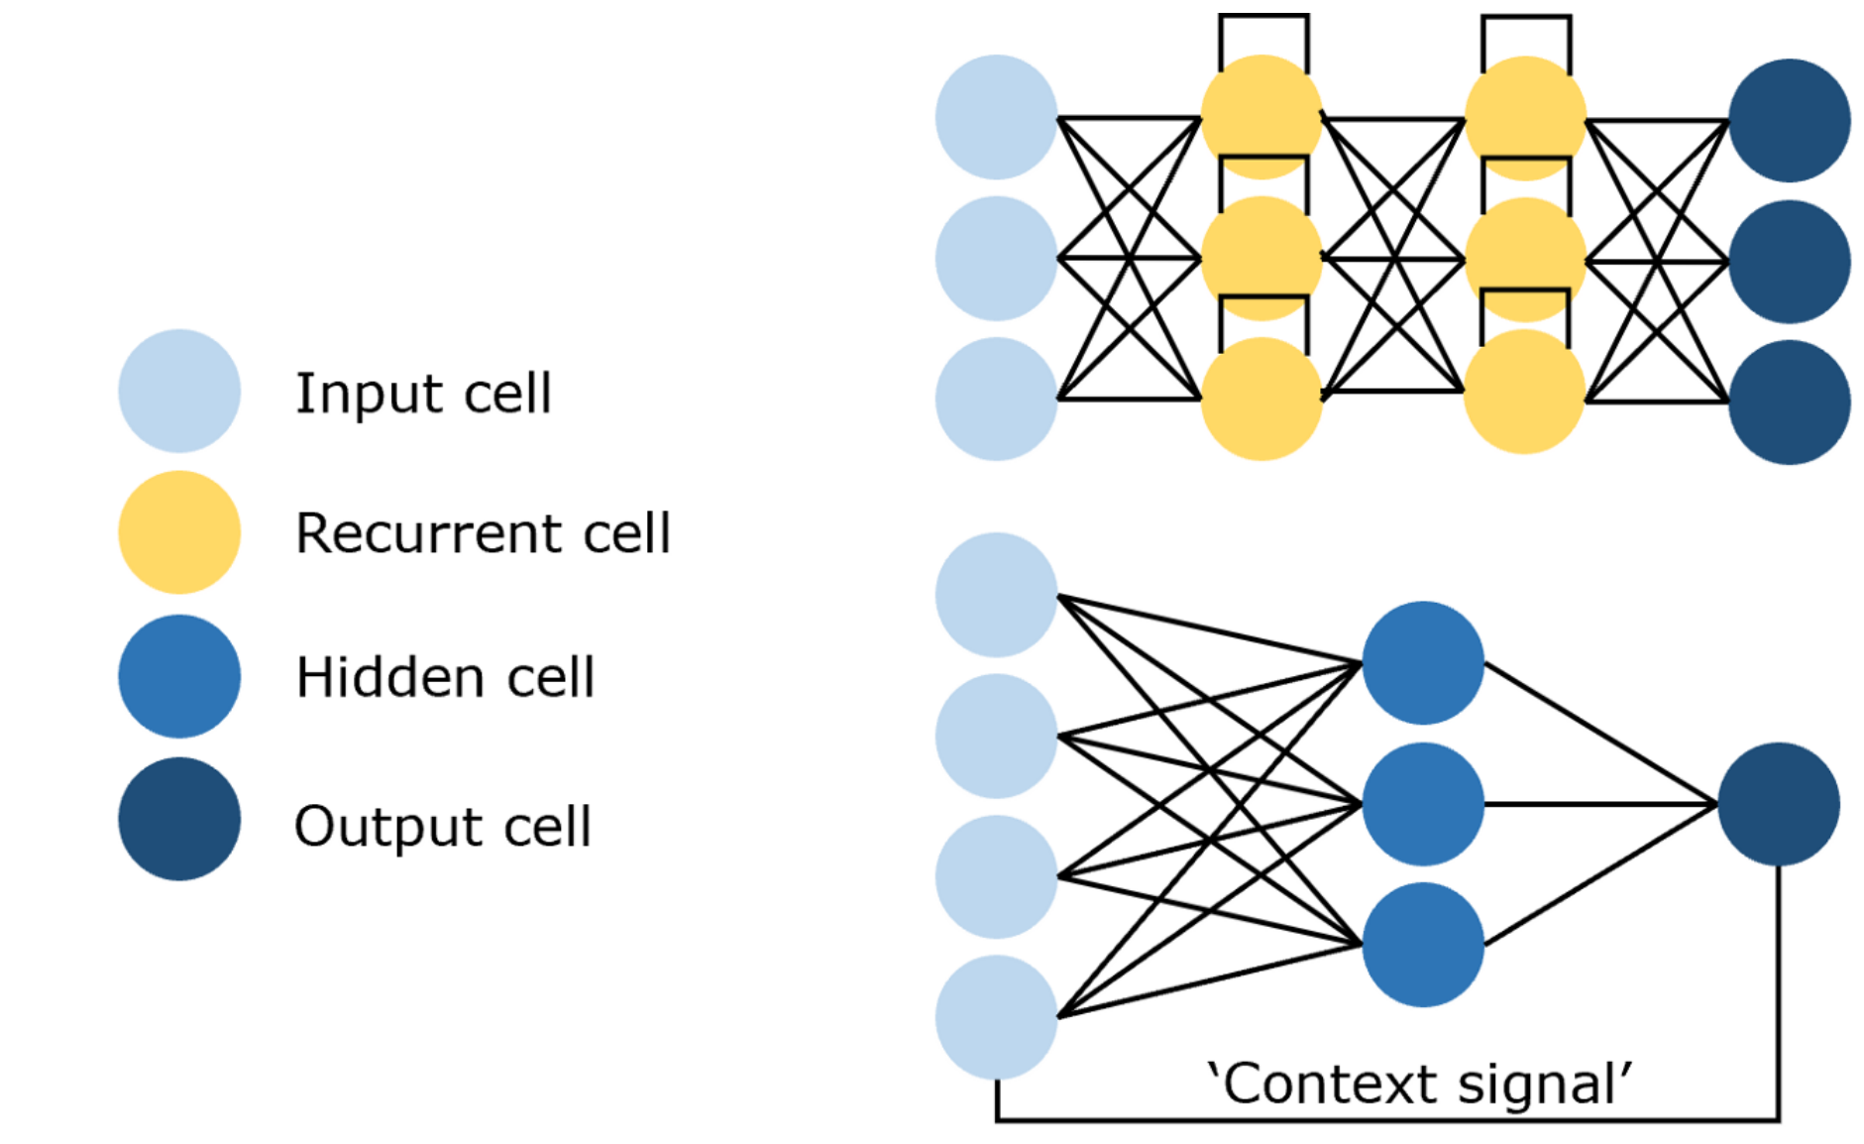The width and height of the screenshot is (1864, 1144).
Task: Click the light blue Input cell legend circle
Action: coord(179,392)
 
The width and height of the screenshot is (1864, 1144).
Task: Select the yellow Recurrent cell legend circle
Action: coord(179,532)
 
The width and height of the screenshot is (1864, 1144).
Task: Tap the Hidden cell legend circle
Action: coord(179,676)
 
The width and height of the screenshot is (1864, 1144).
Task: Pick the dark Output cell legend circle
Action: coord(179,819)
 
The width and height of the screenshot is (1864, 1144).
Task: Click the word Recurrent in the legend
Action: coord(427,533)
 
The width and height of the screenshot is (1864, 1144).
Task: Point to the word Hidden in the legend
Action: coord(388,677)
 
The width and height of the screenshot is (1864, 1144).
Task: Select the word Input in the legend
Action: coord(368,394)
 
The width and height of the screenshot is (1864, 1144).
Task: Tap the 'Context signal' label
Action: coord(1418,1084)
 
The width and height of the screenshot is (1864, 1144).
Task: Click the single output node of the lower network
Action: coord(1779,804)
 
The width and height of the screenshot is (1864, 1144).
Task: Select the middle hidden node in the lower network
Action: coord(1423,804)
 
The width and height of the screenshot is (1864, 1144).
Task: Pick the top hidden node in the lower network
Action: coord(1423,662)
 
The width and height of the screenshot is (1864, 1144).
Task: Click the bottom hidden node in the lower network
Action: coord(1423,945)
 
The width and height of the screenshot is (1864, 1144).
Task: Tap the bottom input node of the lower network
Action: coord(997,1017)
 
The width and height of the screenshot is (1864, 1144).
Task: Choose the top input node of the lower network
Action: coord(997,595)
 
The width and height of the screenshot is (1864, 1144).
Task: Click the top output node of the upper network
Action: coord(1790,120)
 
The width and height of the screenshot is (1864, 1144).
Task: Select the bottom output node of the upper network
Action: coord(1790,402)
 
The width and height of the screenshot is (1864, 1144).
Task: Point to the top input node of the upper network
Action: coord(997,117)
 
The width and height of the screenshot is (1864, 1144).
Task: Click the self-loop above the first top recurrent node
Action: coord(1263,18)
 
